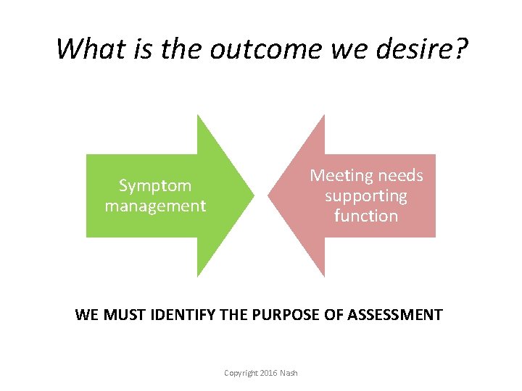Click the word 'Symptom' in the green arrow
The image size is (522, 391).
click(x=155, y=186)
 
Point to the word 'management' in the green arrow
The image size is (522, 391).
click(x=155, y=206)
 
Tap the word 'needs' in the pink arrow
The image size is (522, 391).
click(x=399, y=176)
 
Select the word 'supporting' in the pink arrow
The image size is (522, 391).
click(x=366, y=196)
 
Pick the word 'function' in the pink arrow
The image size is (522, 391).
click(x=366, y=216)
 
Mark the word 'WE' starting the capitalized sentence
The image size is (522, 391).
click(x=87, y=315)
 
